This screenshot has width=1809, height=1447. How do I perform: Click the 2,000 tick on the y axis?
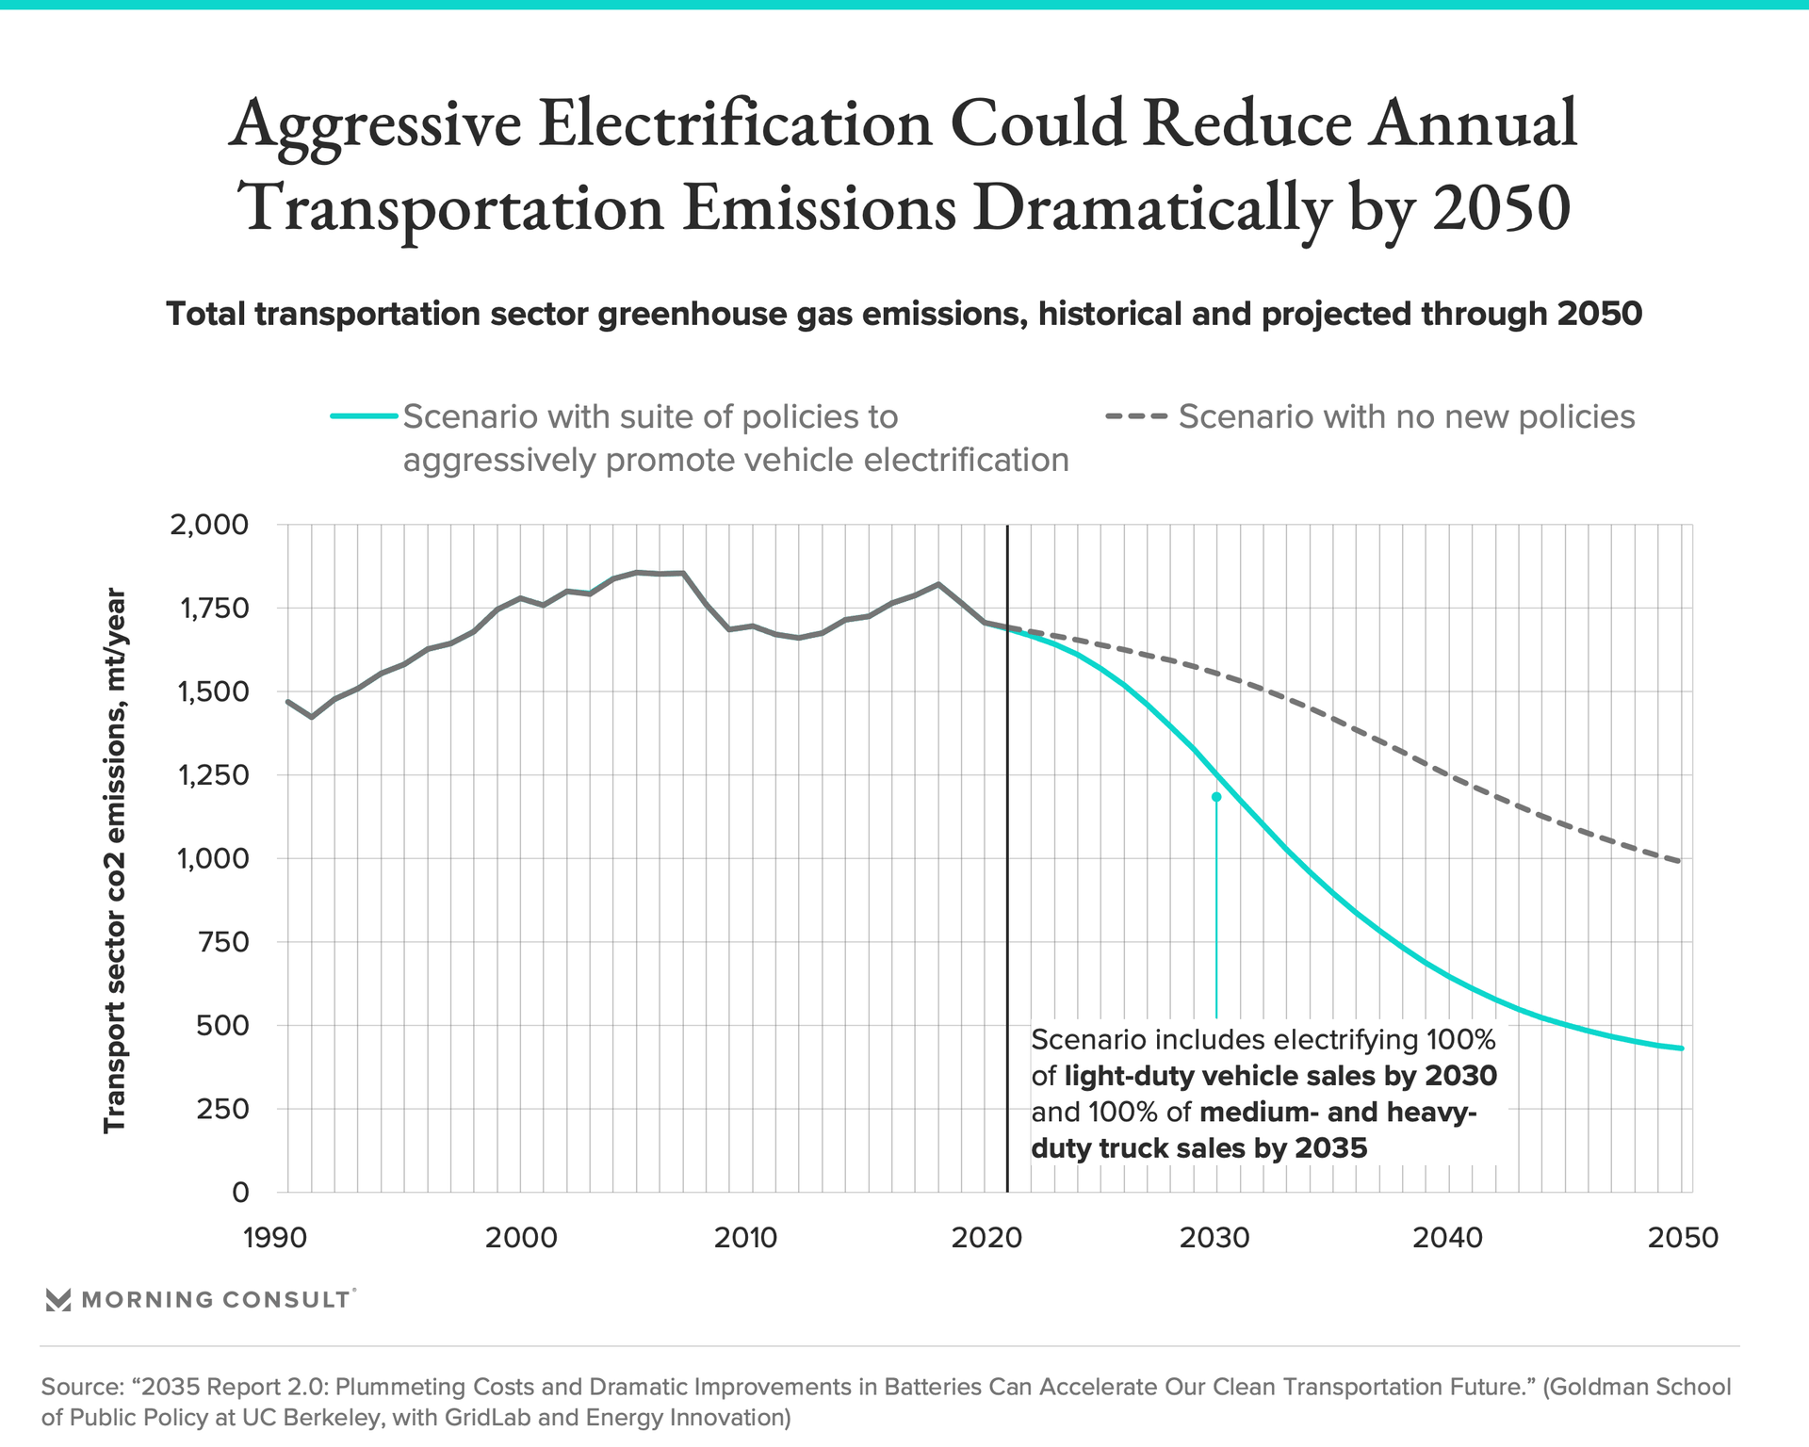click(208, 525)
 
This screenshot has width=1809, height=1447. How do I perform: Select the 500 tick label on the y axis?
click(224, 1025)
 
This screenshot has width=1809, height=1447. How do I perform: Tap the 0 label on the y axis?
click(240, 1193)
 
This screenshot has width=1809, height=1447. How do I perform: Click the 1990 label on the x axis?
click(275, 1238)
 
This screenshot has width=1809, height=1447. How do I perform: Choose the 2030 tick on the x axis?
click(1214, 1238)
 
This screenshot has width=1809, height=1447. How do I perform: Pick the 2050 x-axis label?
click(1683, 1238)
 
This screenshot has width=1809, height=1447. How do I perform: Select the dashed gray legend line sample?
click(1136, 416)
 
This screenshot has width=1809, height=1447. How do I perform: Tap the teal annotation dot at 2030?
click(1216, 797)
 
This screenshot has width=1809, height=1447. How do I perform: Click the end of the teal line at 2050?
click(1682, 1049)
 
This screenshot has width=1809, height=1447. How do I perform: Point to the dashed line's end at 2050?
click(1681, 861)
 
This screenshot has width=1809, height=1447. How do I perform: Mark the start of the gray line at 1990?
click(287, 701)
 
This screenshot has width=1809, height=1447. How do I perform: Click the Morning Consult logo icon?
click(58, 1300)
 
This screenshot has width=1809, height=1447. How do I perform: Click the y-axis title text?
click(114, 859)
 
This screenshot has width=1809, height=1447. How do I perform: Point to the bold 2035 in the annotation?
click(1330, 1148)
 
